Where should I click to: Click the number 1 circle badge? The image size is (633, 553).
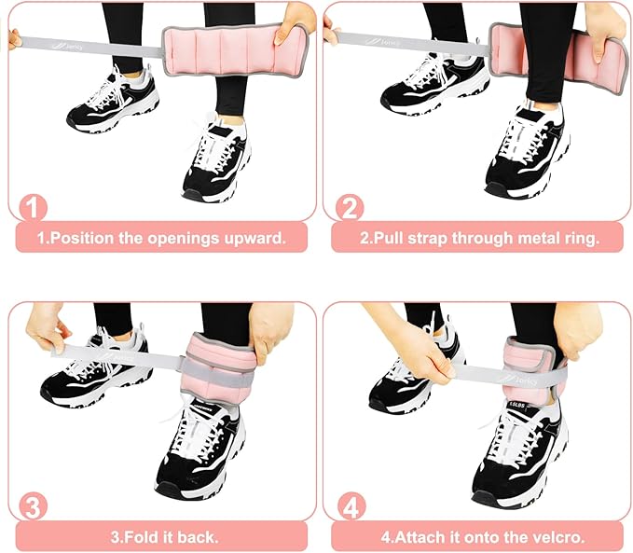(x=34, y=208)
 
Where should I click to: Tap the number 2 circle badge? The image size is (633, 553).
(x=350, y=208)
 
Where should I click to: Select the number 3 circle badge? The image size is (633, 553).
(x=34, y=506)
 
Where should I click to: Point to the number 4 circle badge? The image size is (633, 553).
(x=351, y=506)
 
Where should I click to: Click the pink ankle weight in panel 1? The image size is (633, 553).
(x=234, y=50)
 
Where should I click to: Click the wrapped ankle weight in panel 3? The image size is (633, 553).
(x=217, y=366)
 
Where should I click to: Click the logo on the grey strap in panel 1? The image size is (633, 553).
(x=67, y=47)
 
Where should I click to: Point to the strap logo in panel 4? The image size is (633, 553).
(x=518, y=380)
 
